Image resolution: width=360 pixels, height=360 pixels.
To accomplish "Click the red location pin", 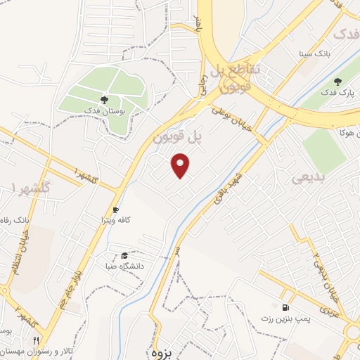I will tap(181, 165).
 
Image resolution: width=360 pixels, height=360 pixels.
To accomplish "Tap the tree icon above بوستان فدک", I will tap(104, 100).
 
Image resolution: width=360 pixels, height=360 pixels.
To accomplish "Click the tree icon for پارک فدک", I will tap(337, 82).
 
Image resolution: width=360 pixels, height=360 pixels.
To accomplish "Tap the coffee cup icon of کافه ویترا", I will tap(116, 210).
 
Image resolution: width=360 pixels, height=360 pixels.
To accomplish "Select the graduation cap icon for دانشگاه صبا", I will tap(124, 255).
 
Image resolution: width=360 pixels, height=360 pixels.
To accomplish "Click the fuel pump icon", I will tap(285, 307).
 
